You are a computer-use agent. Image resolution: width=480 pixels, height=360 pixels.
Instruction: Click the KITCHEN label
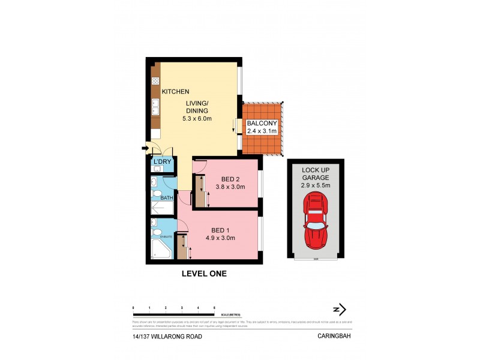[176, 92]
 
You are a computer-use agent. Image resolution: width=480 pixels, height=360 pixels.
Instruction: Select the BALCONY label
[262, 124]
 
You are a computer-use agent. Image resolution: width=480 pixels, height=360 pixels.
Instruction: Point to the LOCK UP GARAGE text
[315, 174]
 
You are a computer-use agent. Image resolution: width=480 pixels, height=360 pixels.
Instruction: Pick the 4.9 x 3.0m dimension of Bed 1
[220, 238]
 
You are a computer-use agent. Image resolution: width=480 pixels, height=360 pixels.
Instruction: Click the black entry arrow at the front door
[145, 148]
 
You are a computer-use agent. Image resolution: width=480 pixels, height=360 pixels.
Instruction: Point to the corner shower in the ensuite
[159, 250]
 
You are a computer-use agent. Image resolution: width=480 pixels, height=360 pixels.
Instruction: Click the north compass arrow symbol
[340, 310]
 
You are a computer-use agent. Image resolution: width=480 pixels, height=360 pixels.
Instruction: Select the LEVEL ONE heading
[204, 274]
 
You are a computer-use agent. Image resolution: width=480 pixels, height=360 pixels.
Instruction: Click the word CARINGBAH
[334, 337]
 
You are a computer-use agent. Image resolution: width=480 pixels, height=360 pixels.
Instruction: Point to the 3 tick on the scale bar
[182, 307]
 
